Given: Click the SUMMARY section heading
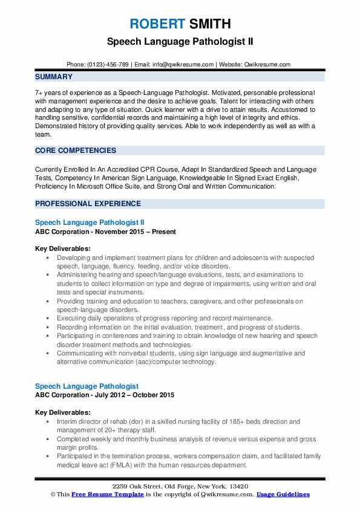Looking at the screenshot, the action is click(x=54, y=77).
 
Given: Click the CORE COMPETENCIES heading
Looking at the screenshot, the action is click(x=76, y=151).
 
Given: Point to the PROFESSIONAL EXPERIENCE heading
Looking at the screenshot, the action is click(x=88, y=204).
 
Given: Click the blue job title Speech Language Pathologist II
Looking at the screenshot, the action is click(x=90, y=222).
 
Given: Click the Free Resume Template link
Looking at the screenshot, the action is click(x=102, y=494).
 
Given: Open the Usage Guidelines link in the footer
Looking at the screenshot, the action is click(x=283, y=494).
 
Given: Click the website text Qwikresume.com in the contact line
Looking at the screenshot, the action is click(x=267, y=65).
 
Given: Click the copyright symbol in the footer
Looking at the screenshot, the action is click(x=53, y=494).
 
